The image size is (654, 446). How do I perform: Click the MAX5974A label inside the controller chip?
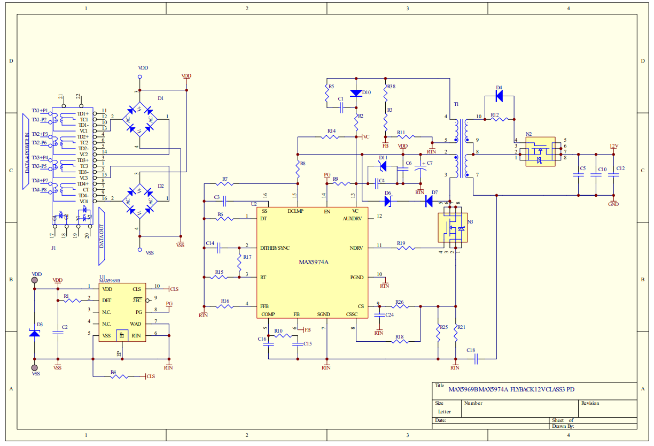point(313,262)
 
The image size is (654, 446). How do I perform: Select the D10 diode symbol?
point(356,93)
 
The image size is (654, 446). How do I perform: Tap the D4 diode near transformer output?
point(499,96)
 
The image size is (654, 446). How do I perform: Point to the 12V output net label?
point(614,146)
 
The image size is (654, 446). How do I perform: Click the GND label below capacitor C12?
point(613,204)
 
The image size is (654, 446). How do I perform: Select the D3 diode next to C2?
point(35,333)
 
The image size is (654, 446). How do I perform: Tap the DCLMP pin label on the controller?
point(295,212)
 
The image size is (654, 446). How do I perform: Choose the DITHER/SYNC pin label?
point(275,248)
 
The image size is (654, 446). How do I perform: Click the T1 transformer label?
point(456,104)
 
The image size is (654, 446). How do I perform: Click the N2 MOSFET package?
point(541,152)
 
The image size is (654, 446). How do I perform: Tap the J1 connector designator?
point(53,248)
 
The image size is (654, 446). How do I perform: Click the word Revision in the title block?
point(590,403)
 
